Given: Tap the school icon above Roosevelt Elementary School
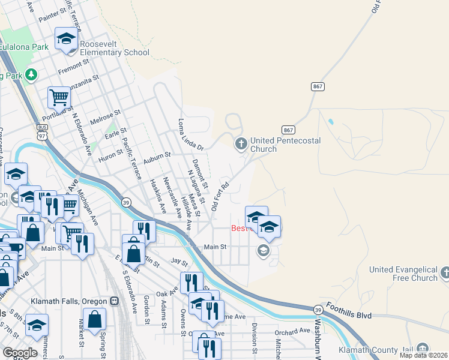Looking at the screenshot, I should [x=66, y=40].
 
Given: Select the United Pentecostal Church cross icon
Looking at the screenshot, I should [x=241, y=143].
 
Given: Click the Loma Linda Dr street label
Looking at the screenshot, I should [x=191, y=134].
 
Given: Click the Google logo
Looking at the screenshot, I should [x=20, y=353].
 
